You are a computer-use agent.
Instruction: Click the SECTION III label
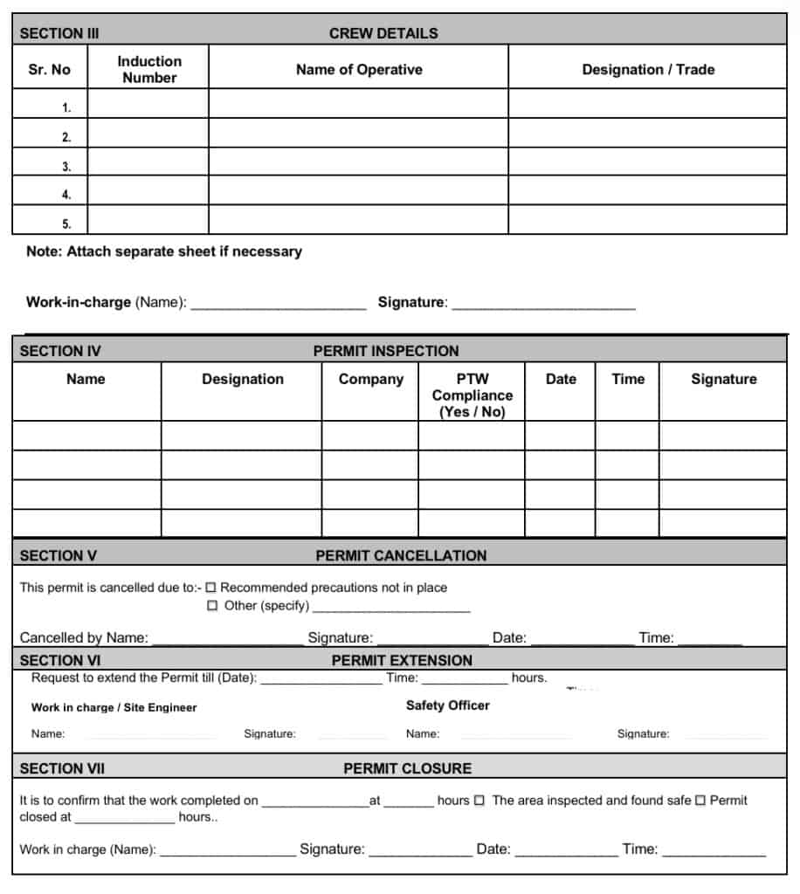click(59, 33)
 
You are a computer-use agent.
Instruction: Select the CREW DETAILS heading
click(383, 33)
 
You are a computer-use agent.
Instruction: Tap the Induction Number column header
click(149, 69)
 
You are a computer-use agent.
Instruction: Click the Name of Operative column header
click(359, 70)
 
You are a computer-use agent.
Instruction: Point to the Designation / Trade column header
click(648, 70)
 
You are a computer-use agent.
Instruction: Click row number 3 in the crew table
click(66, 166)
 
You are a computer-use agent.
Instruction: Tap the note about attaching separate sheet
click(164, 251)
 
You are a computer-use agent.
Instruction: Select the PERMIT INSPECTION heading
click(386, 351)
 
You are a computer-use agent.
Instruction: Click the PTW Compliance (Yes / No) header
click(472, 395)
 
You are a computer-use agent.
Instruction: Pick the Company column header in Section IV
click(371, 379)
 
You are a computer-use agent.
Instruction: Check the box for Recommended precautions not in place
click(211, 588)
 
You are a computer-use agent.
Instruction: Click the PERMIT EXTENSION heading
click(402, 660)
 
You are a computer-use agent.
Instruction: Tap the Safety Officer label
click(448, 705)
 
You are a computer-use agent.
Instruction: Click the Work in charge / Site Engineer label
click(114, 707)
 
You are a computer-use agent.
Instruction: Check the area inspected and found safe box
click(479, 801)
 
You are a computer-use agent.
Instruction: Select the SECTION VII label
click(62, 768)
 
